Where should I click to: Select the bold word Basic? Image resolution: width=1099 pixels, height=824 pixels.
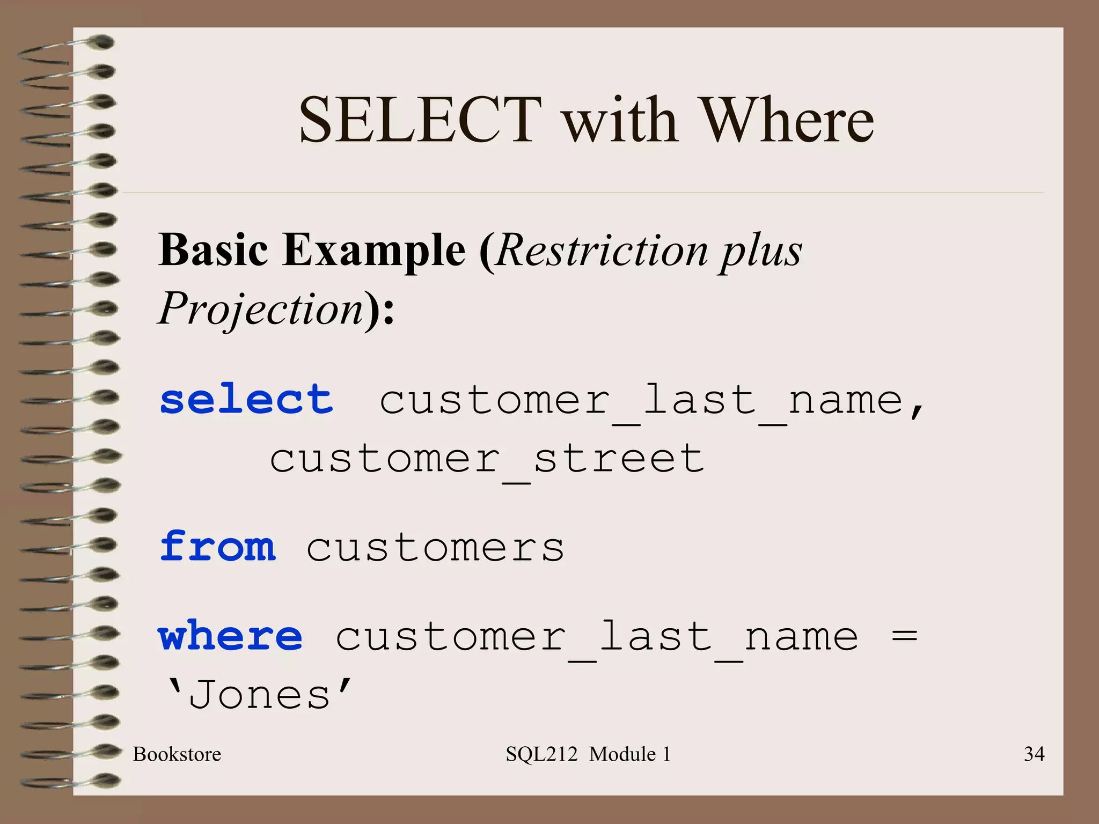tap(213, 251)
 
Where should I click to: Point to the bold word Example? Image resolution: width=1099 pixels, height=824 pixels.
tap(373, 251)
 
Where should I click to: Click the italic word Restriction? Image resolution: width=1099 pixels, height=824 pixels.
tap(602, 251)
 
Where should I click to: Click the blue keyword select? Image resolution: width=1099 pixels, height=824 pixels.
tap(246, 400)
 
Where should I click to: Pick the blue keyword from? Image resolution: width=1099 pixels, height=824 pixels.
tap(218, 546)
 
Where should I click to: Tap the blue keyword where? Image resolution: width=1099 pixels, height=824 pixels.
tap(231, 636)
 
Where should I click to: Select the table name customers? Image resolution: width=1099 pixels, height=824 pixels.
tap(435, 548)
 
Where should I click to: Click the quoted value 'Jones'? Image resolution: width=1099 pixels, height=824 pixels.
tap(260, 695)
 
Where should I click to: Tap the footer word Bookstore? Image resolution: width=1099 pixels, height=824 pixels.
tap(177, 754)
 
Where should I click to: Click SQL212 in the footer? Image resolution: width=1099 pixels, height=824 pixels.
tap(541, 754)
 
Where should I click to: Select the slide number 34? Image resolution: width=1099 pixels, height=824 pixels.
tap(1034, 754)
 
